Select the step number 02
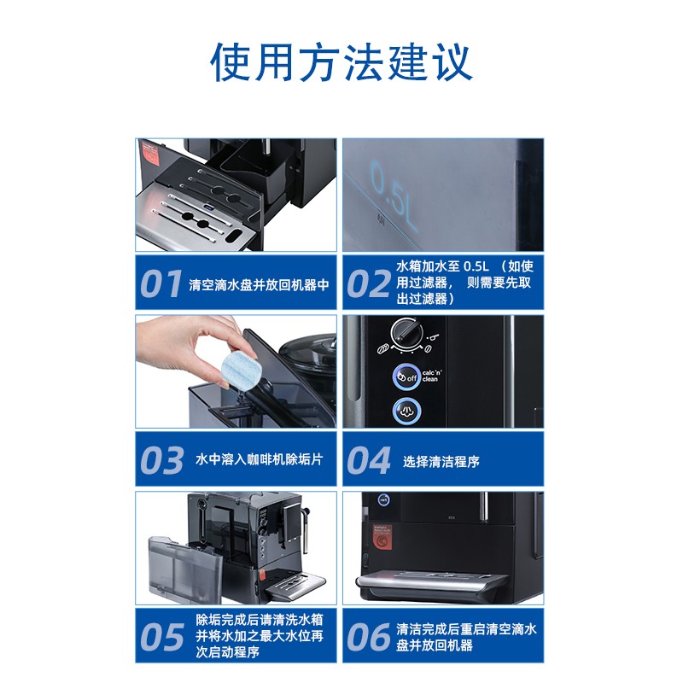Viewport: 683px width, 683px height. [x=368, y=285]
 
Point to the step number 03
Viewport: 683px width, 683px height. [x=161, y=460]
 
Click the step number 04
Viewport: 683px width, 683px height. [x=368, y=461]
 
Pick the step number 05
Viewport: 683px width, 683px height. [x=161, y=636]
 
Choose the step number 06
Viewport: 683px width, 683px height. [x=368, y=636]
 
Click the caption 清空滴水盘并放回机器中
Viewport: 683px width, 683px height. [x=259, y=285]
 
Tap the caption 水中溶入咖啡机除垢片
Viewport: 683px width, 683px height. [x=259, y=460]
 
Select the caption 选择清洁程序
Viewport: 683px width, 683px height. [x=441, y=461]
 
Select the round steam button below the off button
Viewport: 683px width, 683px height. [x=408, y=411]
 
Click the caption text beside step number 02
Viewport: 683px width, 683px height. [x=464, y=283]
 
